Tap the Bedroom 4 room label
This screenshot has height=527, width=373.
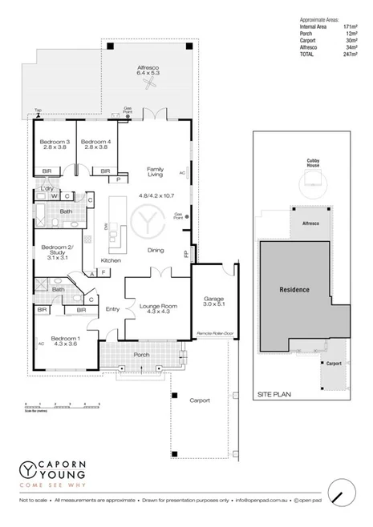(x=95, y=144)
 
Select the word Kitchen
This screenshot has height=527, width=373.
(x=111, y=260)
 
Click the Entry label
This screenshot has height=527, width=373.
(x=112, y=309)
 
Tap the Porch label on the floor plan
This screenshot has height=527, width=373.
(x=141, y=356)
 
